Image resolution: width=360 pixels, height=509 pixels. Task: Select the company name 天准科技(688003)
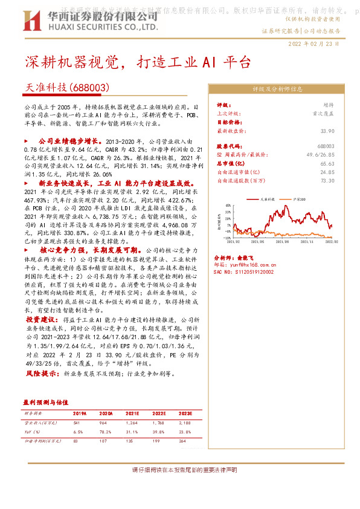point(64,87)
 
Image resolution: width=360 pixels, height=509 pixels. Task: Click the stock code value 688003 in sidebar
point(326,147)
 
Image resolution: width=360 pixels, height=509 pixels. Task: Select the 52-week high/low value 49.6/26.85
point(321,155)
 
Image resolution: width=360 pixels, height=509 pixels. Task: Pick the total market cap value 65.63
point(327,163)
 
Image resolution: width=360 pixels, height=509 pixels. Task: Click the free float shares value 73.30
point(327,180)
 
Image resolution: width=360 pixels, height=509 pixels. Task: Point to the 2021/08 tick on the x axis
point(284,241)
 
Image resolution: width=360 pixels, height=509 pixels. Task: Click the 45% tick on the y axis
point(227,204)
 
